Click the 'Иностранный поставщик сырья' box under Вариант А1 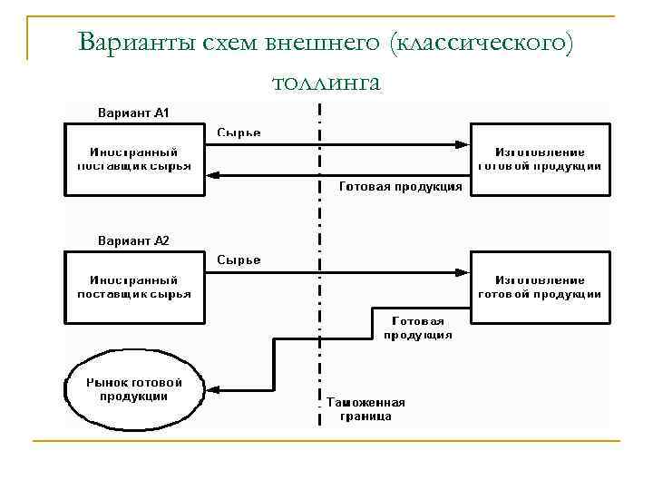coord(135,160)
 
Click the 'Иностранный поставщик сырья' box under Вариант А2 coord(135,288)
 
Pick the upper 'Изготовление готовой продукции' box coord(540,160)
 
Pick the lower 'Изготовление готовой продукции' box coord(540,288)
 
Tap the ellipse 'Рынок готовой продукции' coord(134,389)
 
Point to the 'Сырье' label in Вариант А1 coord(239,132)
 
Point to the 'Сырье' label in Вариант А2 coord(239,260)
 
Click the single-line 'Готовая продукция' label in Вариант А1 coord(400,186)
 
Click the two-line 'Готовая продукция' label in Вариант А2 coord(418,328)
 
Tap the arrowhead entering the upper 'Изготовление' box coord(462,144)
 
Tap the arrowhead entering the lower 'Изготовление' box coord(462,271)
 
